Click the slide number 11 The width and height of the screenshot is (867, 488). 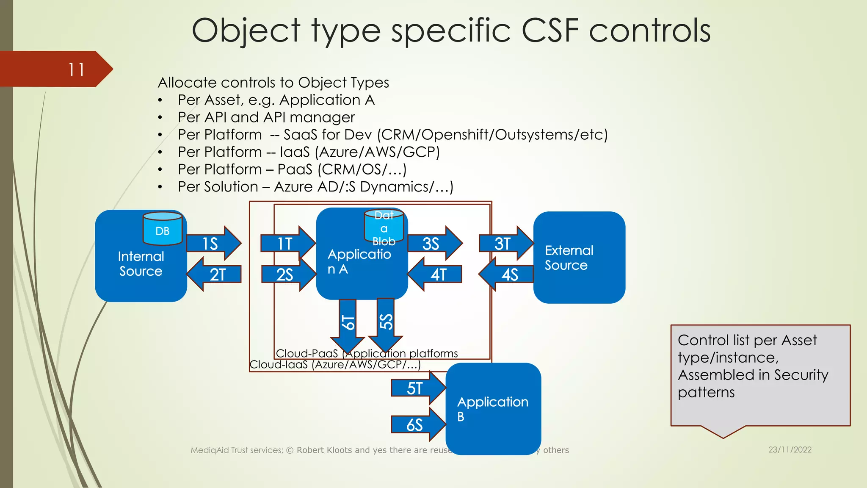77,69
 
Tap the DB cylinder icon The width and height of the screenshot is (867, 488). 163,228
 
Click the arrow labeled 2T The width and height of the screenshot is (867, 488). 215,274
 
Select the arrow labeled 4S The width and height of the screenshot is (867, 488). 507,274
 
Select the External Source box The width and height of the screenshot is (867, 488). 579,258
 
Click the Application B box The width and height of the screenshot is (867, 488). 493,409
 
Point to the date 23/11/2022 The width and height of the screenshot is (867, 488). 790,450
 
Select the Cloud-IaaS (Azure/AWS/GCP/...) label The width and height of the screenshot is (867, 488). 335,365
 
